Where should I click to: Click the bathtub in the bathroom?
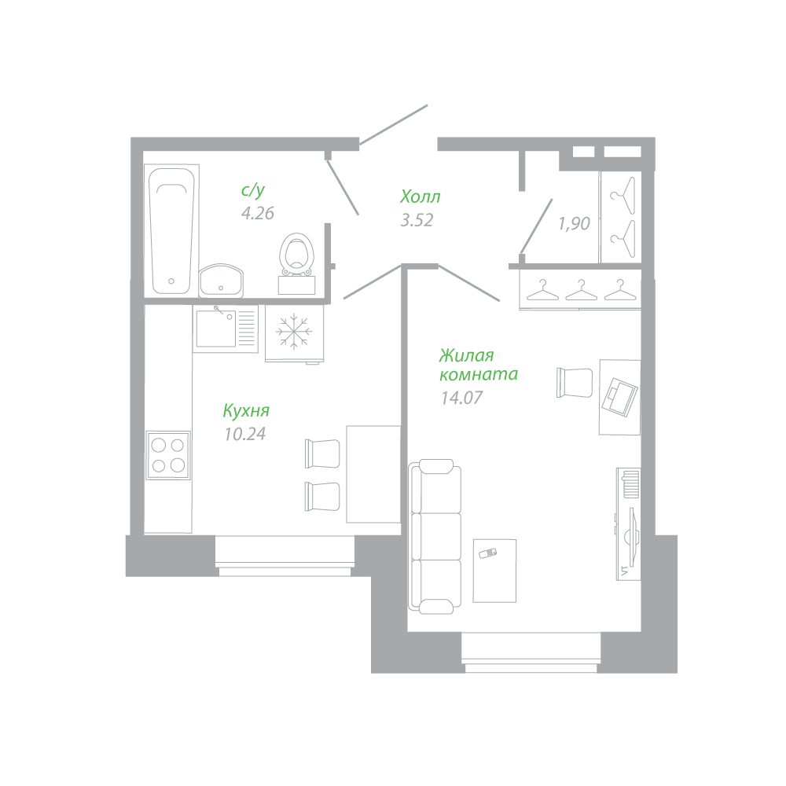pyautogui.click(x=172, y=230)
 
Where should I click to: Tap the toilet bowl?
pyautogui.click(x=297, y=255)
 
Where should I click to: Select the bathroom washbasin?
pyautogui.click(x=221, y=281)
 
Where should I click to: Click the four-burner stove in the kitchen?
pyautogui.click(x=168, y=455)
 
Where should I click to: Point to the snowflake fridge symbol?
pyautogui.click(x=294, y=331)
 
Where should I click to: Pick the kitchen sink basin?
pyautogui.click(x=216, y=329)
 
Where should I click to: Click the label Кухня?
pyautogui.click(x=246, y=410)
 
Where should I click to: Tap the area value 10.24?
pyautogui.click(x=245, y=434)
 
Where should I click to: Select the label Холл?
pyautogui.click(x=420, y=196)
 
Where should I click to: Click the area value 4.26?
pyautogui.click(x=258, y=213)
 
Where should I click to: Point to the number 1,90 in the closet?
pyautogui.click(x=575, y=223)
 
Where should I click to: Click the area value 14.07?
pyautogui.click(x=461, y=398)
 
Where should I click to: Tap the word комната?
pyautogui.click(x=479, y=374)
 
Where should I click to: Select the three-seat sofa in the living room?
pyautogui.click(x=435, y=536)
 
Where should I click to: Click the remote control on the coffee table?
pyautogui.click(x=488, y=553)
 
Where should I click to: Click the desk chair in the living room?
pyautogui.click(x=575, y=383)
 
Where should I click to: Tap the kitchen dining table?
pyautogui.click(x=373, y=474)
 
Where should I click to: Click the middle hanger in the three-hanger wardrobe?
pyautogui.click(x=582, y=290)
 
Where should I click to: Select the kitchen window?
pyautogui.click(x=285, y=556)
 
